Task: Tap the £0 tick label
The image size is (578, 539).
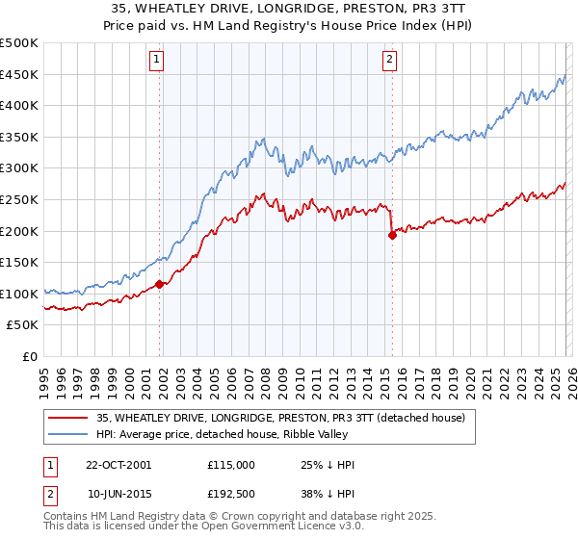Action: click(x=29, y=356)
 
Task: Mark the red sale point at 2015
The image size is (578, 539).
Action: click(x=392, y=235)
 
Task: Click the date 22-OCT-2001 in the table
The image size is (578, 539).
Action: click(x=119, y=465)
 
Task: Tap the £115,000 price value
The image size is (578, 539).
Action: click(x=231, y=465)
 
